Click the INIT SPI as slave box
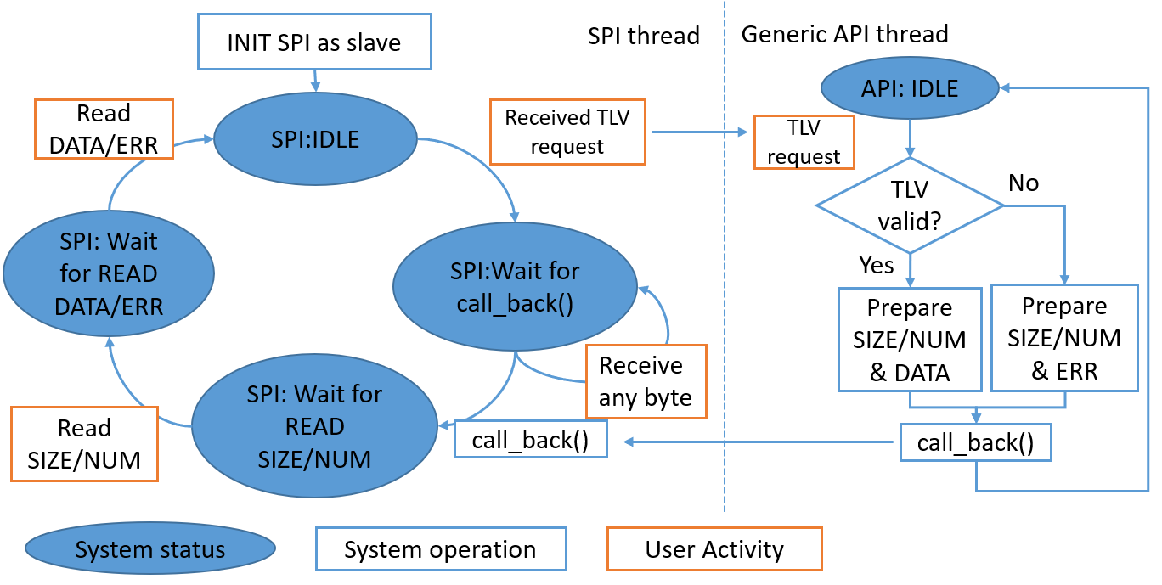pyautogui.click(x=314, y=42)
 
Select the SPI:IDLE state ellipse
pyautogui.click(x=315, y=139)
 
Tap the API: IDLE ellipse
pyautogui.click(x=910, y=88)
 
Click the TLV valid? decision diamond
pyautogui.click(x=910, y=205)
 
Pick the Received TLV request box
pyautogui.click(x=567, y=132)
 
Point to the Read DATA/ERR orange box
pyautogui.click(x=104, y=129)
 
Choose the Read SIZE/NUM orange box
pyautogui.click(x=85, y=444)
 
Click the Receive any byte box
pyautogui.click(x=646, y=382)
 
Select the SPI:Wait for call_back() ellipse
pyautogui.click(x=515, y=287)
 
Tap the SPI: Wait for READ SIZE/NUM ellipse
pyautogui.click(x=314, y=425)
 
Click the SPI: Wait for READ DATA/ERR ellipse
pyautogui.click(x=109, y=273)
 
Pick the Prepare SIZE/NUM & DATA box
pyautogui.click(x=910, y=340)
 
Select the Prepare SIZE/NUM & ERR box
pyautogui.click(x=1064, y=338)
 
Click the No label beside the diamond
pyautogui.click(x=1024, y=183)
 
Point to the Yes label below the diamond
pyautogui.click(x=876, y=265)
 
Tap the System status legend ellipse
pyautogui.click(x=149, y=548)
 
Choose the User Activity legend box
pyautogui.click(x=714, y=548)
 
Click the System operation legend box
pyautogui.click(x=441, y=548)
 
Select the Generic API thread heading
pyautogui.click(x=844, y=34)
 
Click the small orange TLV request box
pyautogui.click(x=804, y=142)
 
